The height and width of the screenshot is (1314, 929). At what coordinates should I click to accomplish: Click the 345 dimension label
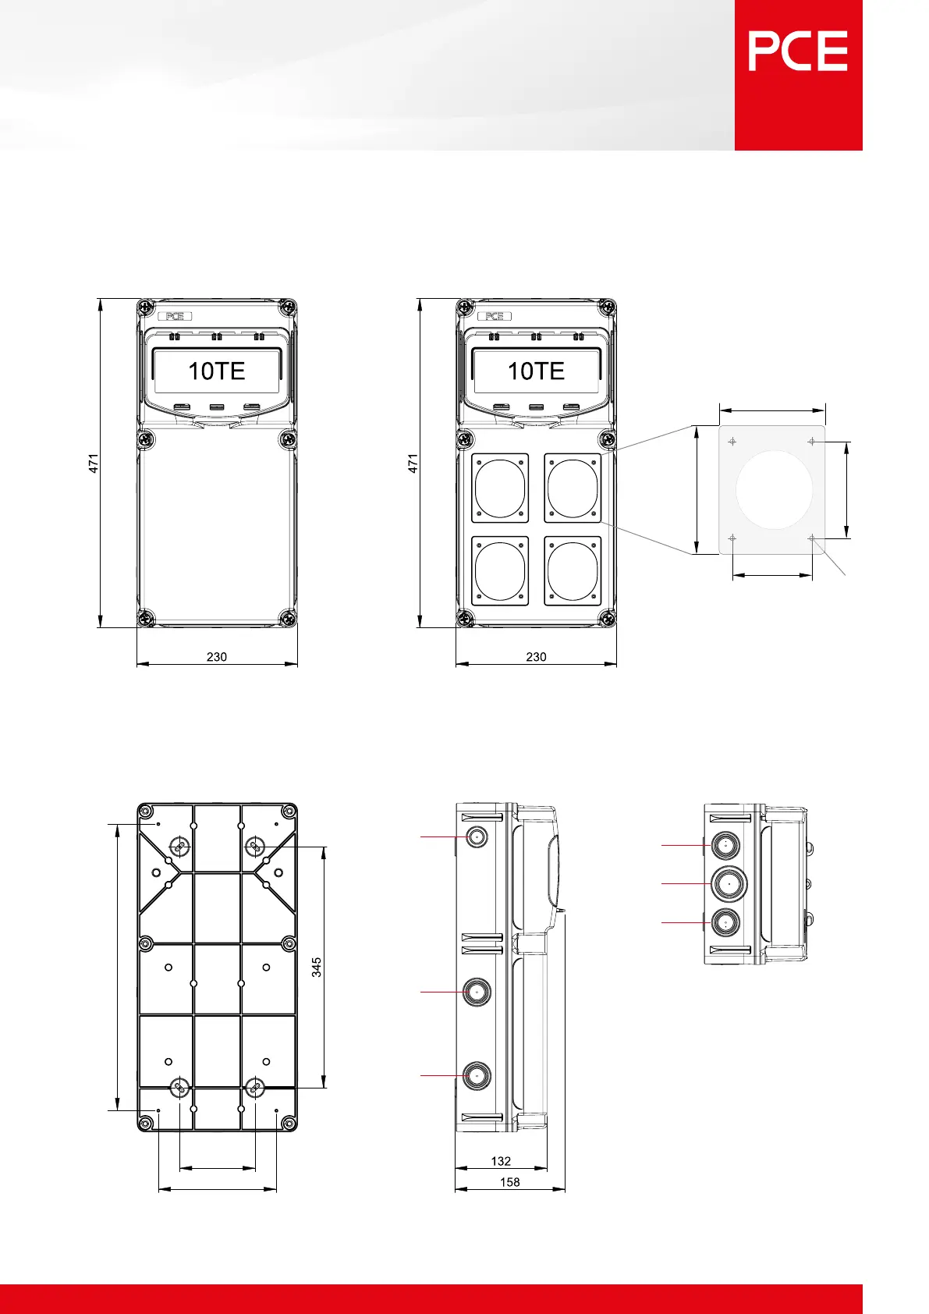(317, 968)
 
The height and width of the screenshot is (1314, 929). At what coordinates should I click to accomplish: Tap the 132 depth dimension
(501, 1161)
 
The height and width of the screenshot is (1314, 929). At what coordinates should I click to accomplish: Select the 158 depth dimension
(509, 1182)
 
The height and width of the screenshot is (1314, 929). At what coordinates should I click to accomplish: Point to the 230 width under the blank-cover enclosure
(216, 657)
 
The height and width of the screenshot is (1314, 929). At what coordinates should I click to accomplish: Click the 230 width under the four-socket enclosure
(536, 657)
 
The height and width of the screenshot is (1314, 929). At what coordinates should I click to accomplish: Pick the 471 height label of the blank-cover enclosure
(94, 463)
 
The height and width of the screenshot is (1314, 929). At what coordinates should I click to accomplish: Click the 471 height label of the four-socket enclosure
(413, 463)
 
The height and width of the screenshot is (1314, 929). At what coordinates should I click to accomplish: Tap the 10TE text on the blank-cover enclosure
(216, 371)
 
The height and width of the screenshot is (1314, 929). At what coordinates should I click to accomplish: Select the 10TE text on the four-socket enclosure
(536, 371)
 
